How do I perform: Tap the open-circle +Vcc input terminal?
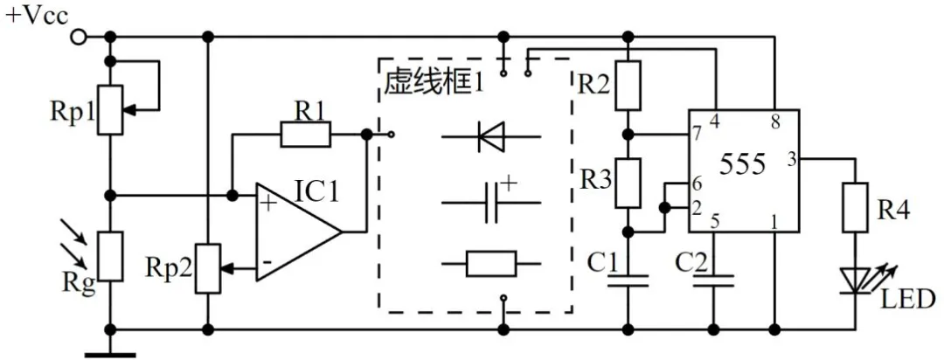[x=79, y=37]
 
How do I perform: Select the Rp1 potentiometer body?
[x=110, y=109]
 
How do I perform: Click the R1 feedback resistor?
[x=305, y=135]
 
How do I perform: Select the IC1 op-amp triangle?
[x=293, y=232]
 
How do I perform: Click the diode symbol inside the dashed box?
[x=489, y=136]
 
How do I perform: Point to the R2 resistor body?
[x=628, y=86]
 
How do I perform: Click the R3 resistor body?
[x=628, y=183]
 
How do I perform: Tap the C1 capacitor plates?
[x=628, y=279]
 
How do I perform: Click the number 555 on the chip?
[x=744, y=163]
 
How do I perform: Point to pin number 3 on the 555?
[x=791, y=159]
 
